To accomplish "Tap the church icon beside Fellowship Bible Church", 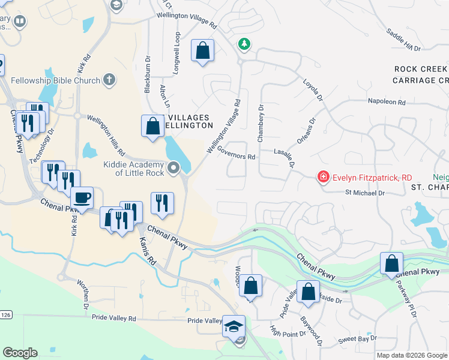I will (x=109, y=80).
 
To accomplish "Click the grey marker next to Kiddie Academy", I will (x=174, y=168).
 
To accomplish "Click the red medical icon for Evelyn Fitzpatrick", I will (x=324, y=177).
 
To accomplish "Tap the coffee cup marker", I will (x=82, y=197).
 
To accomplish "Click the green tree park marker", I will (x=244, y=44).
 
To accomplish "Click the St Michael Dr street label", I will (x=364, y=193).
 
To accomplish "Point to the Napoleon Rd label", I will (x=391, y=102).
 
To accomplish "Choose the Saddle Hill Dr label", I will (x=405, y=39).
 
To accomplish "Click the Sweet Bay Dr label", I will (x=357, y=339).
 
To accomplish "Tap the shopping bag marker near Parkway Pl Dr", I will (x=391, y=263).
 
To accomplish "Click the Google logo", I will (x=20, y=353).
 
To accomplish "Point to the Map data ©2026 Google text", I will (x=412, y=355).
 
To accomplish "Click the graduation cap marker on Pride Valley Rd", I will (x=234, y=326).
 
